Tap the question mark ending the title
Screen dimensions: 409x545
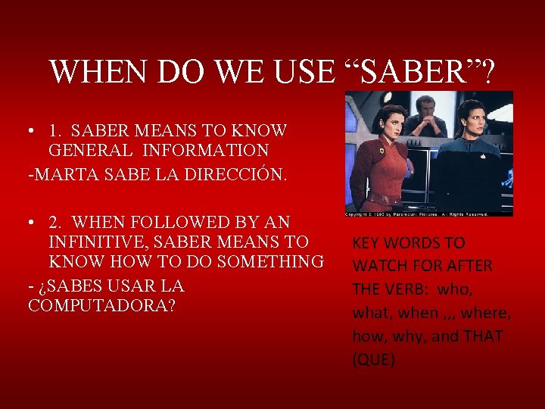(x=487, y=72)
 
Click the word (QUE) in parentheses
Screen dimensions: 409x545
(x=373, y=360)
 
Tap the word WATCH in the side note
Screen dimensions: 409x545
(x=384, y=266)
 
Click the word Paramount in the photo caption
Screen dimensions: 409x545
(x=408, y=214)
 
